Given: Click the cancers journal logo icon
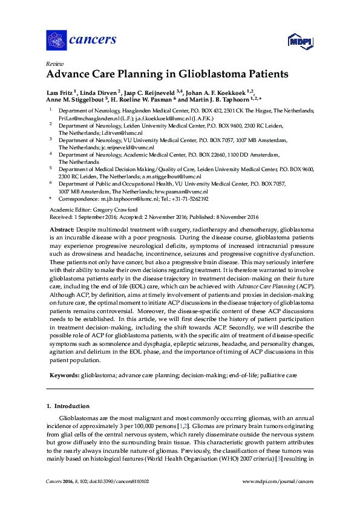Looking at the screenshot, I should pos(56,40).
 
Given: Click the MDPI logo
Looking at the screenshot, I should pos(298,41).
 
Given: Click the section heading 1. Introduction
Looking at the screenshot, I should pos(68,406).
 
